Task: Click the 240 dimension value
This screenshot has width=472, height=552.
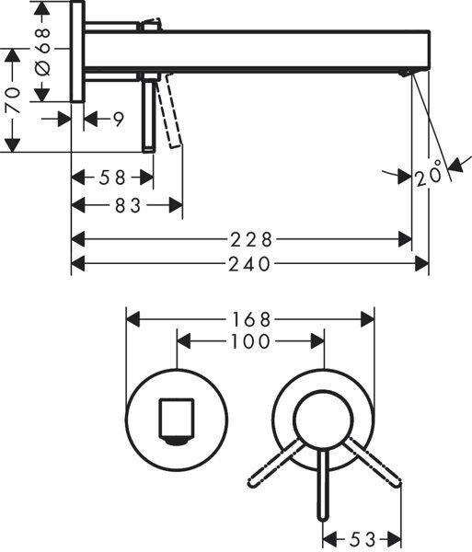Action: [250, 264]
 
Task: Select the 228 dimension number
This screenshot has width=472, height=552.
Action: [250, 239]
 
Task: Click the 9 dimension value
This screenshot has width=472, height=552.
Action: [120, 118]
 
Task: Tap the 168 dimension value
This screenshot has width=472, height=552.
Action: [249, 319]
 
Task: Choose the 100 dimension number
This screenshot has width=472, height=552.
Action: [249, 342]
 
